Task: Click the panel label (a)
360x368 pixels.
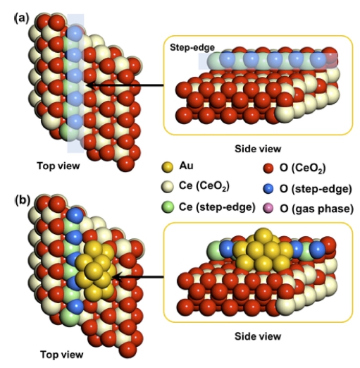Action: (x=22, y=18)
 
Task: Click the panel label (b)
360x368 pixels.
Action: (x=23, y=200)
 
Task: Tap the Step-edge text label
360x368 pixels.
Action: (x=192, y=47)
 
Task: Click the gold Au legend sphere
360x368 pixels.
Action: (x=167, y=167)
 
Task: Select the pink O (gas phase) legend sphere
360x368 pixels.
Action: (x=268, y=209)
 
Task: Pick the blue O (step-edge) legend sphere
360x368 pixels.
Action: (x=268, y=189)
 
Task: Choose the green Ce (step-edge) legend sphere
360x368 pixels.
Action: (x=168, y=207)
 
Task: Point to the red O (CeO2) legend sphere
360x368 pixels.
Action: (x=268, y=168)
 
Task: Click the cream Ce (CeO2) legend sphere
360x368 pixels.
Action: (x=167, y=187)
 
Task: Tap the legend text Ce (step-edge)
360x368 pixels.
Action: (x=217, y=207)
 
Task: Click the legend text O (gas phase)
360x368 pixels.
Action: (x=316, y=209)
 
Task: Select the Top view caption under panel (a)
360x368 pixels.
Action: (x=58, y=166)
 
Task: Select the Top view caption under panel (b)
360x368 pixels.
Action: (x=62, y=355)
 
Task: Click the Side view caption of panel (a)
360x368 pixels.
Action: (x=258, y=149)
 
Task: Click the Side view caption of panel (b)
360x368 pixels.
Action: (x=258, y=336)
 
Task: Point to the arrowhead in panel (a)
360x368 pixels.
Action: (x=90, y=85)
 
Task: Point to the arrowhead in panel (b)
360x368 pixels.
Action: (x=117, y=277)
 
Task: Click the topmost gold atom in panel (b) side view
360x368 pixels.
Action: (x=263, y=236)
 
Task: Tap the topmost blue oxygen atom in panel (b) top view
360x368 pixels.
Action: (x=75, y=215)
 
